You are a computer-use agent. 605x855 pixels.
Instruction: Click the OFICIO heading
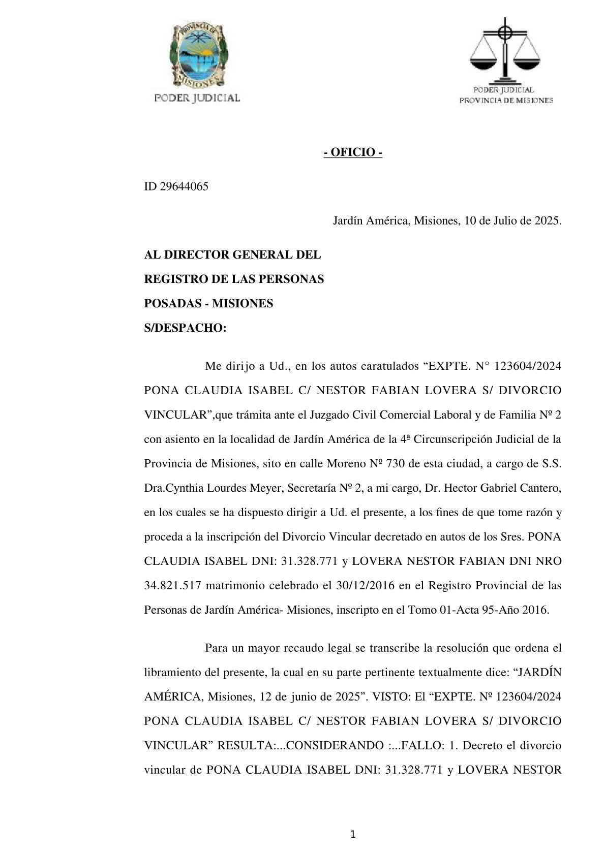353,152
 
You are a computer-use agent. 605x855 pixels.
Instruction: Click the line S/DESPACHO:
185,328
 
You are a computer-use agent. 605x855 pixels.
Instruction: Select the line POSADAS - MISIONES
208,304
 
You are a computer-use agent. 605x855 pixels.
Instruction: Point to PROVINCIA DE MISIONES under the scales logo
506,101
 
